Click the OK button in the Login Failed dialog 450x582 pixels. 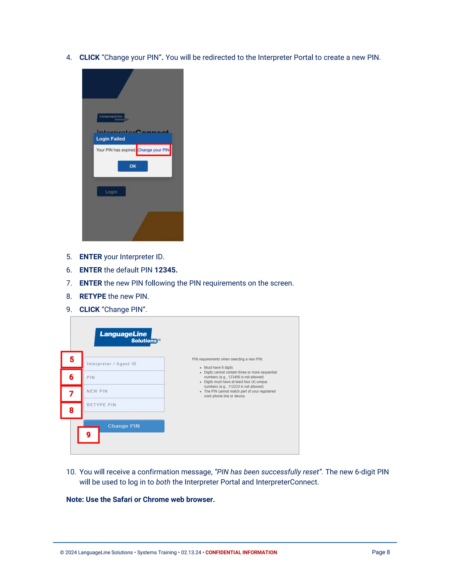coord(132,166)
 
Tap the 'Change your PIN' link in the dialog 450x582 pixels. coord(153,150)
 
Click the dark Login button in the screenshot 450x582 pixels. coord(111,192)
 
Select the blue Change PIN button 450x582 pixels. coord(124,426)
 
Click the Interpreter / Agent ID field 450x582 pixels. coord(124,364)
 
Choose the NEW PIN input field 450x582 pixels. coord(124,391)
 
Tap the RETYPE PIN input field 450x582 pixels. coord(124,405)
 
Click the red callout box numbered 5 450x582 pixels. coord(72,360)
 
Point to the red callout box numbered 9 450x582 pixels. coord(89,435)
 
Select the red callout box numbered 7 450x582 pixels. coord(71,394)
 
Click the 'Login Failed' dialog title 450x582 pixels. coord(111,139)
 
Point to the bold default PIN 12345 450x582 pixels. coord(166,270)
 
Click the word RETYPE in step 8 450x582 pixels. coord(93,296)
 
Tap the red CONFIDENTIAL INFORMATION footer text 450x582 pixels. coord(241,552)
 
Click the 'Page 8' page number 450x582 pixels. coord(381,552)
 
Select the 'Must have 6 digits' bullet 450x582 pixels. coord(218,367)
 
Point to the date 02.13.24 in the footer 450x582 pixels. coord(191,552)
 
